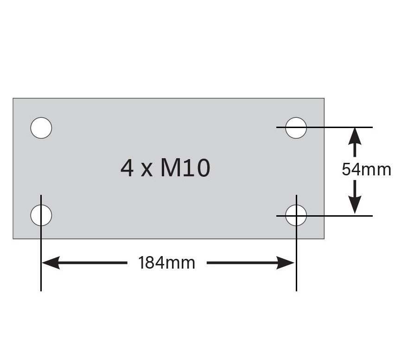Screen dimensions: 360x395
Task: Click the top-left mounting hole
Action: point(41,128)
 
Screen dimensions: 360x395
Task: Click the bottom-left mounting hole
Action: point(41,215)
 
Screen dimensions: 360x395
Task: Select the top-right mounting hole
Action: point(296,128)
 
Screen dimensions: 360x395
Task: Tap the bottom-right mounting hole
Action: point(296,215)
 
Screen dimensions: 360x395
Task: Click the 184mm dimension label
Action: point(167,263)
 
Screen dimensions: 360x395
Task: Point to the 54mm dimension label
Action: point(366,169)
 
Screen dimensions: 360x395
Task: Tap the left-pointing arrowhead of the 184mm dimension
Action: point(49,263)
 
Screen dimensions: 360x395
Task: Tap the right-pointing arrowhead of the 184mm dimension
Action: point(288,263)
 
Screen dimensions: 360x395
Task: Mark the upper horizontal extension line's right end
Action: point(372,127)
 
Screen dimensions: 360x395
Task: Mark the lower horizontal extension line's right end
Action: point(372,216)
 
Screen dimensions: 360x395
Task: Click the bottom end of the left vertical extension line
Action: point(41,290)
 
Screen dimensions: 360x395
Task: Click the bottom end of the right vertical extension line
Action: point(296,290)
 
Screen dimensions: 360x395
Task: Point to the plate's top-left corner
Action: point(13,98)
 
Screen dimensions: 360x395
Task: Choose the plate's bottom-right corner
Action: point(324,238)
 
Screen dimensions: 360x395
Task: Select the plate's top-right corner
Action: point(324,98)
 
